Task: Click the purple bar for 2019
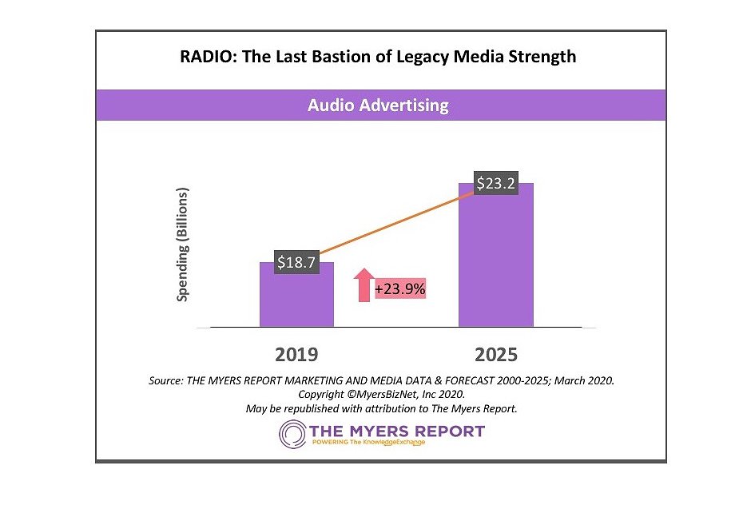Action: click(x=296, y=300)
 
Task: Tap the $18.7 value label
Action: click(x=297, y=261)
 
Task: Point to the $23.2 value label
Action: click(x=496, y=184)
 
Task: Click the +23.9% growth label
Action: click(x=399, y=287)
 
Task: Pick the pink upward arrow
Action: click(x=364, y=284)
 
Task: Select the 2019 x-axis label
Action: click(x=296, y=354)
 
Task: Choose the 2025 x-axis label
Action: click(x=495, y=354)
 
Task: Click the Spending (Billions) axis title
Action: click(x=183, y=245)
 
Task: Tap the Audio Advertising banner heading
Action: click(x=379, y=105)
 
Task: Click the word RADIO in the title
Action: click(x=204, y=57)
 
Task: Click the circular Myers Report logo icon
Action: click(x=292, y=434)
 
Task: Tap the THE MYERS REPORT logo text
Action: click(x=397, y=431)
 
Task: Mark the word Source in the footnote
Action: click(x=165, y=381)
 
